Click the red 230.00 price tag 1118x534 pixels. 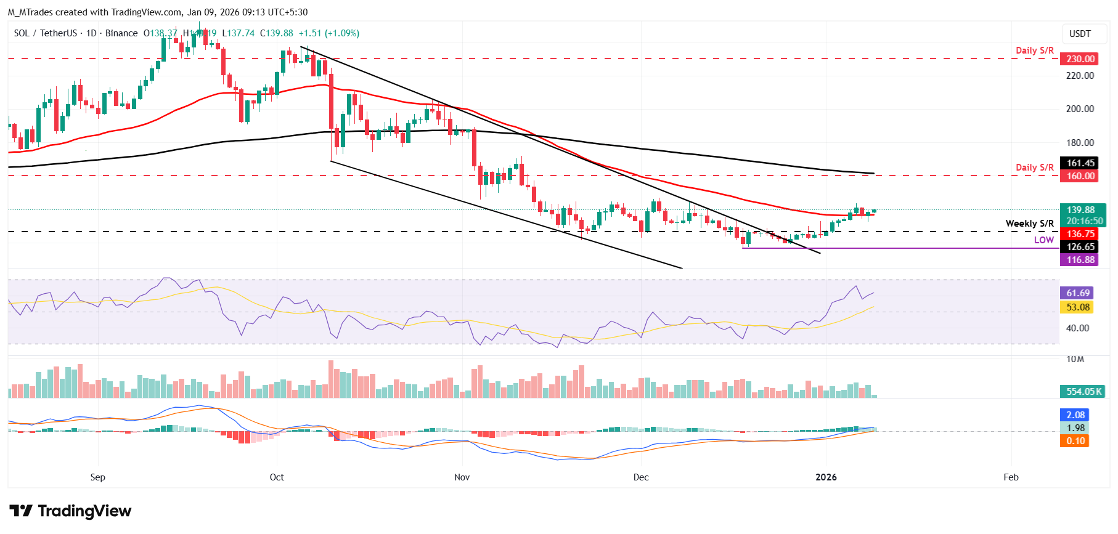1080,59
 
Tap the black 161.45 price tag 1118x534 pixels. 1080,163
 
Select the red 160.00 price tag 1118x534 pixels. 1080,176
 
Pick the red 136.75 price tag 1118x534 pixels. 1080,234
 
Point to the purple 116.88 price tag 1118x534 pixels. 1080,260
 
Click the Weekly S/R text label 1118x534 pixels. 1029,224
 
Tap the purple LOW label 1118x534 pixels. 1043,240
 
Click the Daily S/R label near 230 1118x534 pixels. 1034,51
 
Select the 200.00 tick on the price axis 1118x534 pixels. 1080,109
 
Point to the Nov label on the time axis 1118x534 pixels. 462,477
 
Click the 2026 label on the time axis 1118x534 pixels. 826,477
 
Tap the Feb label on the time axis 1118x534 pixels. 1011,477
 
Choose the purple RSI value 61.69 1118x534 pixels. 1078,293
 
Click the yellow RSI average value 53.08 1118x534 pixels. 1078,307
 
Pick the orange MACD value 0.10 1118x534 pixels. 1075,441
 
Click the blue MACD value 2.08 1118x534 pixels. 1075,415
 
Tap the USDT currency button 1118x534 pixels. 1080,34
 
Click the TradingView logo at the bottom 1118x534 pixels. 70,511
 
